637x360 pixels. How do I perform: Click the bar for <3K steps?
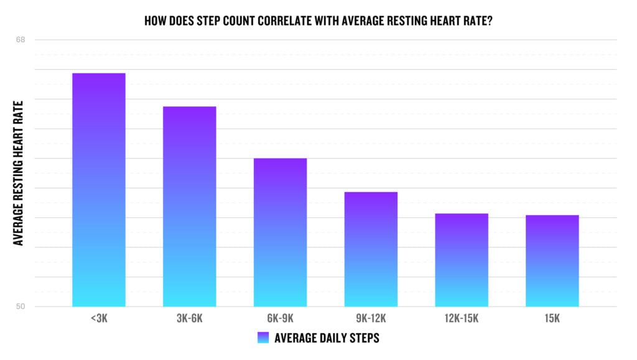coord(99,190)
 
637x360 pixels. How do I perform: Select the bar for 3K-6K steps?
coord(190,206)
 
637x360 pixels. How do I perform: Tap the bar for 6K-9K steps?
coord(281,232)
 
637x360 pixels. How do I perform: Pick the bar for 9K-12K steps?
coord(371,249)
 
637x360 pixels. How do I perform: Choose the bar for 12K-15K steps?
coord(462,260)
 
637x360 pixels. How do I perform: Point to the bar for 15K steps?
coord(552,261)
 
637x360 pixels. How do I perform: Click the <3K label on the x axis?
coord(98,319)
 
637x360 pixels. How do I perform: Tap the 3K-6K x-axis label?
coord(190,319)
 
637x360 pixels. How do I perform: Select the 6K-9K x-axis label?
coord(281,319)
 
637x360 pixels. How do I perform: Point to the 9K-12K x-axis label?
coord(371,319)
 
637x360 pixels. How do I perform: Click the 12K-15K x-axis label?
coord(462,319)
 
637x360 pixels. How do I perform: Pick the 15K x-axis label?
coord(552,319)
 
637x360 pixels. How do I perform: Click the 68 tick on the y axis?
coord(21,40)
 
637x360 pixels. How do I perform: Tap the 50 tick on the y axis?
coord(21,307)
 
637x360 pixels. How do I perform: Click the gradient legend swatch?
coord(263,338)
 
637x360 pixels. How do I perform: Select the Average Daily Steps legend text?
coord(327,338)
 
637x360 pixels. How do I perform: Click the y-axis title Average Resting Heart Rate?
coord(19,173)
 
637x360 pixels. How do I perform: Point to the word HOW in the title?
coord(154,20)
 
